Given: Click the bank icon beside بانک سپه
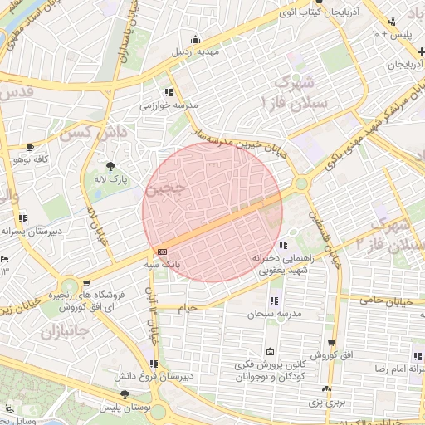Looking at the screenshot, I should (161, 252).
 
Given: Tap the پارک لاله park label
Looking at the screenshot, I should (109, 178).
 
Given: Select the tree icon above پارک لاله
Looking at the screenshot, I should (109, 165).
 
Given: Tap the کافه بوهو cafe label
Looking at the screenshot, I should (37, 158).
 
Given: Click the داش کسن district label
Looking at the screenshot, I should (84, 132).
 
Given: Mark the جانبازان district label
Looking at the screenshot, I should (58, 331).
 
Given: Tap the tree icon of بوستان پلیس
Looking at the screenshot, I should (125, 395).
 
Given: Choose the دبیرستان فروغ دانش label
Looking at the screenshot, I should (173, 376).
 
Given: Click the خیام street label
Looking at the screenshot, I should (188, 308).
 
